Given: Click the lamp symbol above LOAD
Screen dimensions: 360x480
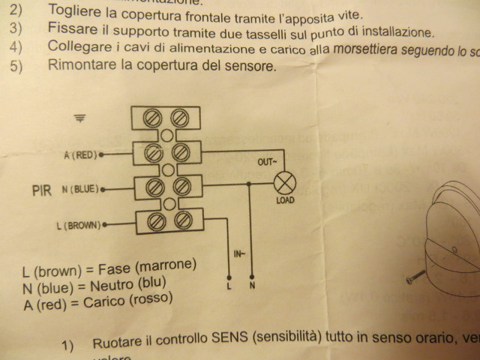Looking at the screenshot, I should click(x=284, y=183).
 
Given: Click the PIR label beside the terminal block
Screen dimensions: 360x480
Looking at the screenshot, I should click(x=42, y=190).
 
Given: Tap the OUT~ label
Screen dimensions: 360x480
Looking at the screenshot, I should click(x=267, y=161).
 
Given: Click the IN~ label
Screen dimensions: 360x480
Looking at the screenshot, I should click(x=239, y=255).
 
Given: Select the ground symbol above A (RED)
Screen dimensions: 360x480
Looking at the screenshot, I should click(x=80, y=118).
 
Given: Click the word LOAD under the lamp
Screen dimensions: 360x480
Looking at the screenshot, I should click(x=285, y=200).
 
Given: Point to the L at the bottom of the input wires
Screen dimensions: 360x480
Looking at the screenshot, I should click(x=229, y=286).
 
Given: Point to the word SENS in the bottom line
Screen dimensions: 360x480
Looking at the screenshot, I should click(x=220, y=343).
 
